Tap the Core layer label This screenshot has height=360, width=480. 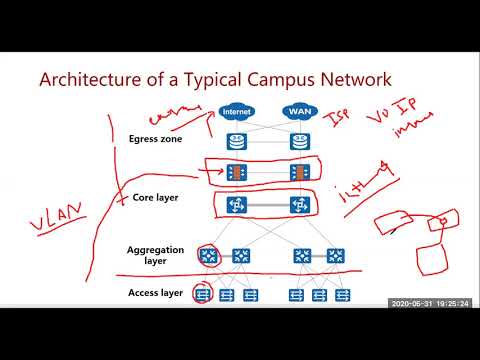tap(156, 198)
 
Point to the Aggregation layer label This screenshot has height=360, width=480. tap(154, 255)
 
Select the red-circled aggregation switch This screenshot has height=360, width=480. tap(208, 256)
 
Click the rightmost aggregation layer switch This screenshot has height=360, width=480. tap(331, 256)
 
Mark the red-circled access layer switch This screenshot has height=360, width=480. tap(203, 294)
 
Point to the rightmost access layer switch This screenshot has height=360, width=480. tap(343, 294)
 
